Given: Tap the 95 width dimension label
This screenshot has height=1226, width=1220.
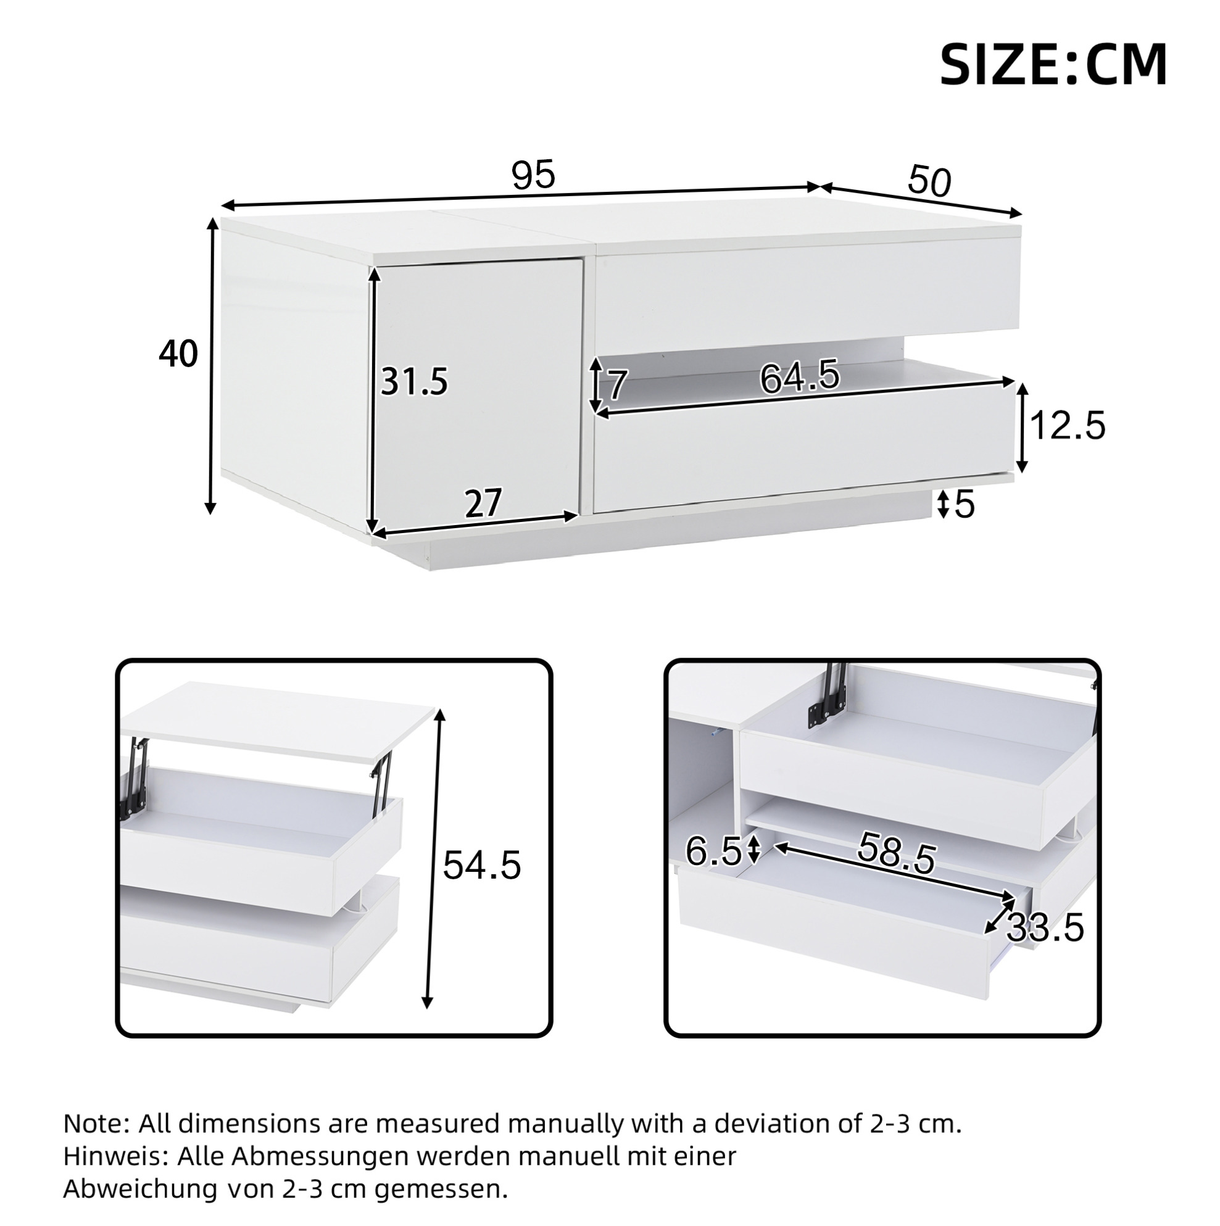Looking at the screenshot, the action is (x=534, y=175).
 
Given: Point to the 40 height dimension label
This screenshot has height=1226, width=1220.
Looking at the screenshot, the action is (x=178, y=354).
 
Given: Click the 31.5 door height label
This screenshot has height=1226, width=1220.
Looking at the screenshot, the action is (x=415, y=382).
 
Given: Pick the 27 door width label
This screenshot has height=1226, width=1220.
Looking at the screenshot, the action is (x=484, y=504).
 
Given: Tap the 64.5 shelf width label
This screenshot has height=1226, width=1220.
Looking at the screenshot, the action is (x=799, y=377).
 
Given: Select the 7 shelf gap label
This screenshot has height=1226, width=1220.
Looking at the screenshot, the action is (x=618, y=386).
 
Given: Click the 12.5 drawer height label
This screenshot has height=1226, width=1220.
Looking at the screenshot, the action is (x=1068, y=426).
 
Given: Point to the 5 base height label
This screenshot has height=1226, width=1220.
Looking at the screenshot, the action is (x=965, y=506).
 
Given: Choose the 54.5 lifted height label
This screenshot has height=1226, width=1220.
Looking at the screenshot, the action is (x=482, y=865).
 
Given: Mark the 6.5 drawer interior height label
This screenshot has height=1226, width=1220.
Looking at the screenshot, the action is (x=713, y=852).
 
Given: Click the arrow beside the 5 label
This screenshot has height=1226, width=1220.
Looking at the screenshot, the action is (x=944, y=504).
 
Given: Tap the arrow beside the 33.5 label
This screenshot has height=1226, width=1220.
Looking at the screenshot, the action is (x=999, y=918).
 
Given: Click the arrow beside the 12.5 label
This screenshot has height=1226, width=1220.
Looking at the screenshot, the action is (x=1021, y=427).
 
